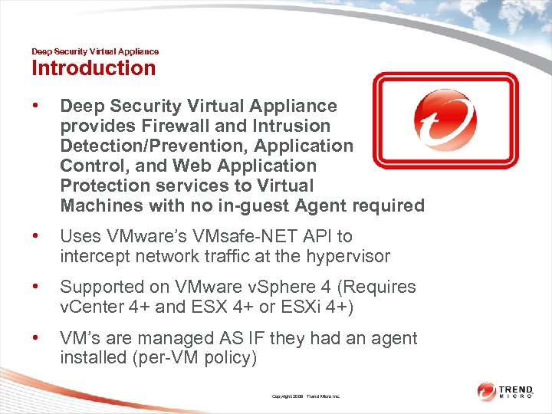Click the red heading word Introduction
(x=93, y=68)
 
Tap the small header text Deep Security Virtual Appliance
(x=95, y=51)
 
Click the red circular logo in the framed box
(x=445, y=120)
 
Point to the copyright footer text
(x=307, y=396)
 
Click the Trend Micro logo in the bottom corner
(x=507, y=392)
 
